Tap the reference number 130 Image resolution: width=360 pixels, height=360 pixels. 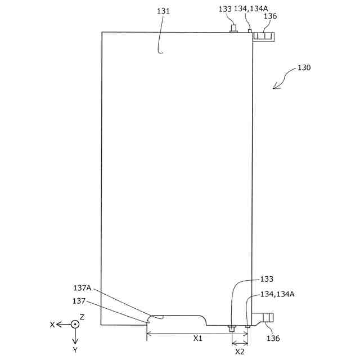tap(304, 67)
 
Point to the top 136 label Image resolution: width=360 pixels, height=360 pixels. tap(270, 16)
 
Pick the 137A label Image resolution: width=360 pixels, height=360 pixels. tap(82, 289)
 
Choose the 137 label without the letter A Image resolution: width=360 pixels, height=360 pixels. tap(79, 300)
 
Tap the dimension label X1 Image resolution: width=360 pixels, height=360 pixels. tap(198, 339)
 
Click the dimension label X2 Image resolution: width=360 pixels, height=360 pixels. tap(240, 352)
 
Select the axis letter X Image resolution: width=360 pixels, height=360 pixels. tap(52, 325)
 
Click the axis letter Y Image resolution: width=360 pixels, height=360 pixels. tap(75, 350)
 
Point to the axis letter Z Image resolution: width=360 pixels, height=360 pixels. tap(82, 317)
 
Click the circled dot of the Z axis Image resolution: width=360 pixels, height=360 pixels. tap(75, 325)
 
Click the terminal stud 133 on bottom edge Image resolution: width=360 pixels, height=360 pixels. tap(231, 327)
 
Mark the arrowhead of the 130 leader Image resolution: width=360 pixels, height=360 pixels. tap(274, 87)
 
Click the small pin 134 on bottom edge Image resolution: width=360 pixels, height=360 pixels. tap(247, 326)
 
